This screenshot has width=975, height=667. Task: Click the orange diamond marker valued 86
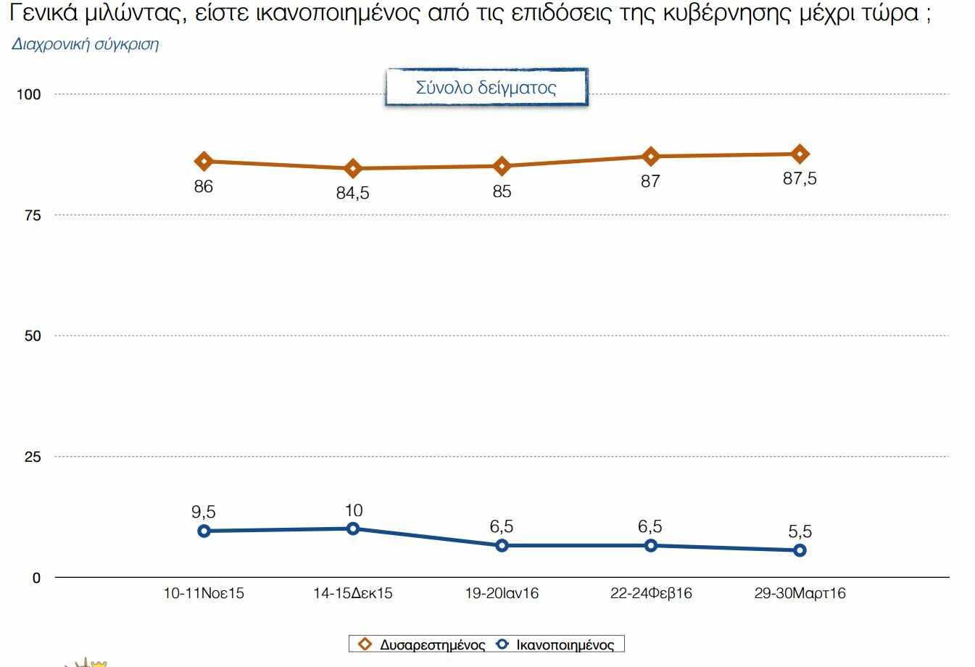click(x=204, y=161)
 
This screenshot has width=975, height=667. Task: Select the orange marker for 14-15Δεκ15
click(x=353, y=169)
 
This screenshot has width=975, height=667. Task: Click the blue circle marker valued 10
click(x=353, y=529)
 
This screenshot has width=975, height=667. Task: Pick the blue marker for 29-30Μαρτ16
click(x=800, y=550)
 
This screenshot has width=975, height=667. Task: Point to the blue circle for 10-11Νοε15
click(x=204, y=531)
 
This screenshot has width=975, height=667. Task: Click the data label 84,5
click(x=353, y=193)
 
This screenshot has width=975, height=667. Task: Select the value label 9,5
click(x=204, y=512)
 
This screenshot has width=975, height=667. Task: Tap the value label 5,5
click(x=800, y=531)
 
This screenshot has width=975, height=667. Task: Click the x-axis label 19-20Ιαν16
click(x=502, y=593)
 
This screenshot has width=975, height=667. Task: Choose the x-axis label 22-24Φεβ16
click(x=651, y=593)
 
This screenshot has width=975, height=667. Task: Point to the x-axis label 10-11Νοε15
click(x=204, y=593)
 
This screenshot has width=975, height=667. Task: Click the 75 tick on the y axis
click(x=33, y=215)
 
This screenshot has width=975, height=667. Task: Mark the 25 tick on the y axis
click(x=33, y=457)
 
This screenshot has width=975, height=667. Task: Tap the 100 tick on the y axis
click(x=29, y=94)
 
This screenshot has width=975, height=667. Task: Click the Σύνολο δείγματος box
click(x=486, y=88)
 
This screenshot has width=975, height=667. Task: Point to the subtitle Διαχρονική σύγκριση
click(x=86, y=44)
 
